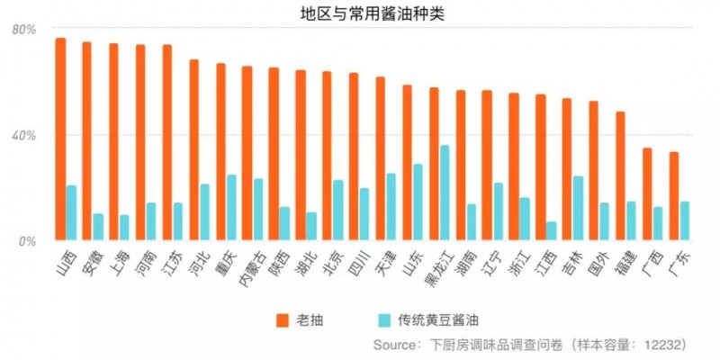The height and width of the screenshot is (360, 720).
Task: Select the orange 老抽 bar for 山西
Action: point(60,139)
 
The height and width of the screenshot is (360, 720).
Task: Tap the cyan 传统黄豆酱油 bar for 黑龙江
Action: point(445,193)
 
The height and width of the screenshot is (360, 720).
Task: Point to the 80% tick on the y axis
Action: point(23,30)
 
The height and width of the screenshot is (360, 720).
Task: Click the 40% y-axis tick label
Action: point(23,135)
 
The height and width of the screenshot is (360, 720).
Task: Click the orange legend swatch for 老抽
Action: point(282,319)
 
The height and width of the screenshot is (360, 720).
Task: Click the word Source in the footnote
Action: point(397,344)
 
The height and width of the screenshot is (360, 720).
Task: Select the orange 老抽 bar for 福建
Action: point(621,176)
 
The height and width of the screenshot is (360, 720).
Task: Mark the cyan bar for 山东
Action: point(418,202)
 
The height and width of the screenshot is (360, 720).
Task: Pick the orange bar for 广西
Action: point(647,194)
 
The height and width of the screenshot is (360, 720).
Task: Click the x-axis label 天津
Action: point(384,261)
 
